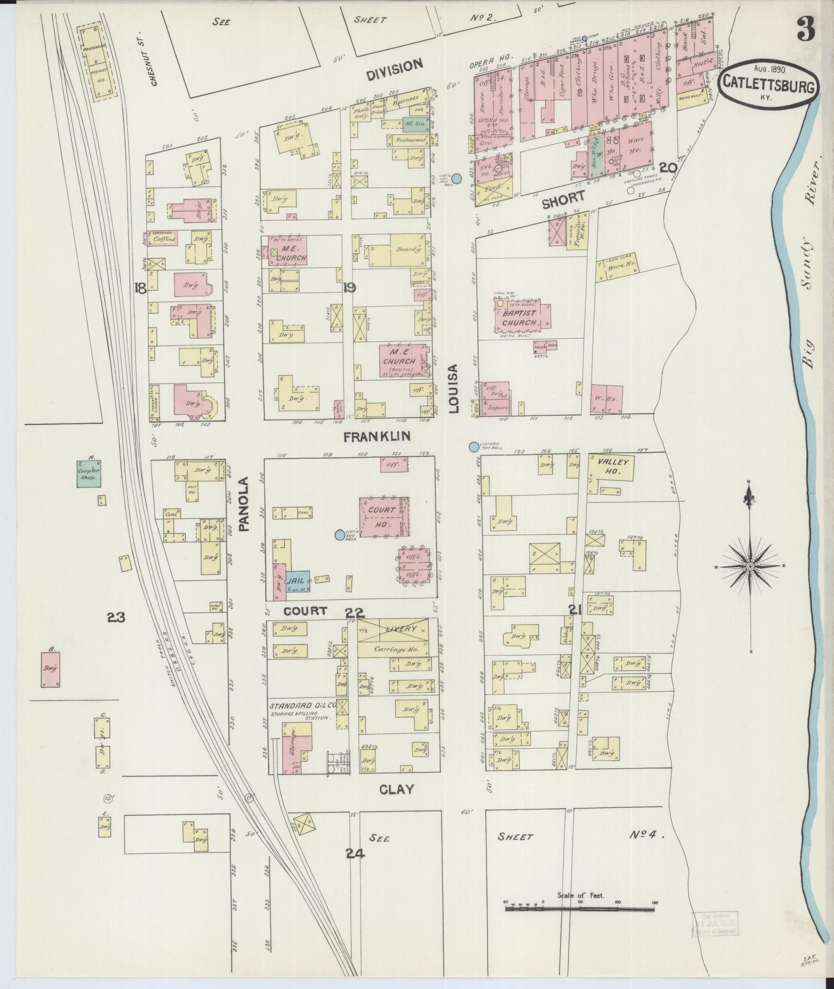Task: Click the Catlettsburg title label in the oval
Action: pyautogui.click(x=767, y=83)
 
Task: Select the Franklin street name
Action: pyautogui.click(x=377, y=437)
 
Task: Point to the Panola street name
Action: pyautogui.click(x=244, y=504)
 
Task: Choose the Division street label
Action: pyautogui.click(x=395, y=68)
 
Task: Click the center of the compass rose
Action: pyautogui.click(x=750, y=567)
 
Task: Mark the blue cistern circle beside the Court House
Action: pyautogui.click(x=339, y=535)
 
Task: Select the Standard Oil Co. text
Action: pyautogui.click(x=302, y=705)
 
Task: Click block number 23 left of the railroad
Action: pyautogui.click(x=116, y=617)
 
